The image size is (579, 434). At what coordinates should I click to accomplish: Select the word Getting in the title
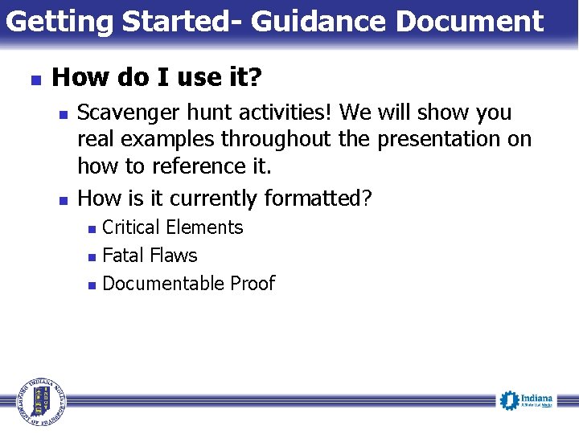pos(59,22)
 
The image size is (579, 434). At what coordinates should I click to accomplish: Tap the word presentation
pos(435,140)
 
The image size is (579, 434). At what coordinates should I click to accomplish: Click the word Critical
pos(132,227)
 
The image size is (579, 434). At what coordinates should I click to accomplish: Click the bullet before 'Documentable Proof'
pos(92,285)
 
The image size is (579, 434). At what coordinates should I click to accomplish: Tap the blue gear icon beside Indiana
pos(508,399)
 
